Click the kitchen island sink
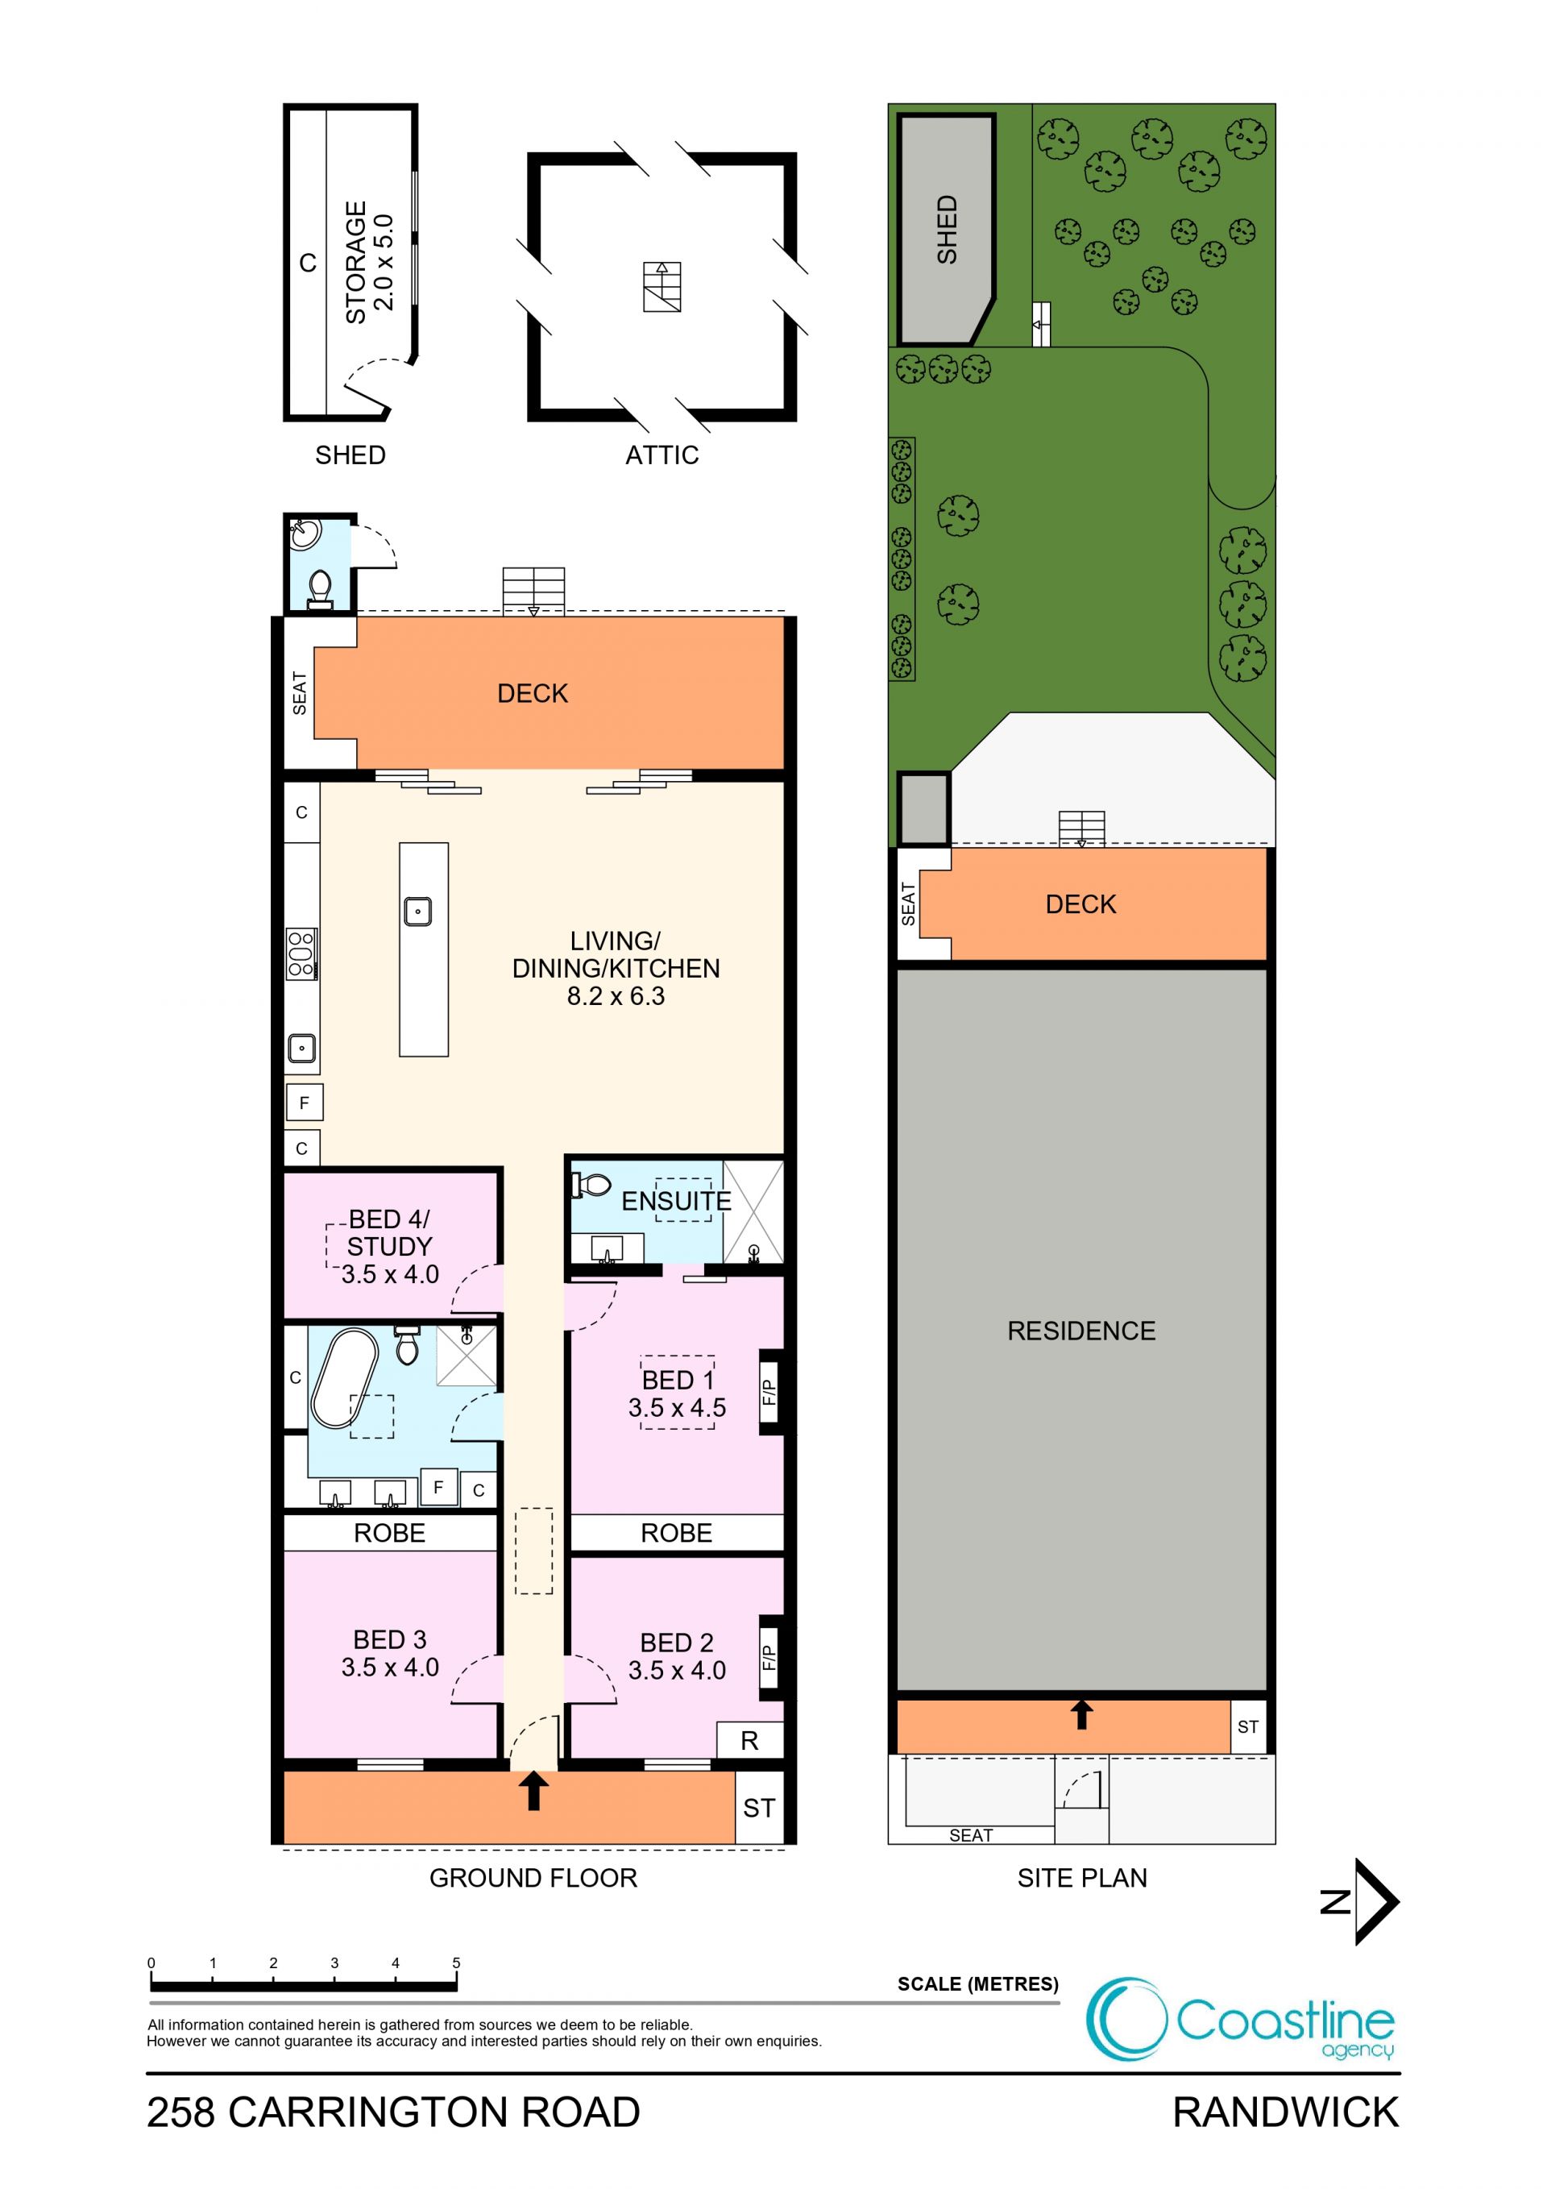(417, 912)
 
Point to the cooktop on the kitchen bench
(301, 953)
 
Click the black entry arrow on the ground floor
(533, 1791)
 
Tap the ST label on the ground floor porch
(759, 1808)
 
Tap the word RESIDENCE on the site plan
(1081, 1331)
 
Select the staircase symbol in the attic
(662, 287)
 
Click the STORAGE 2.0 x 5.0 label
(369, 262)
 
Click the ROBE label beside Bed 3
(390, 1533)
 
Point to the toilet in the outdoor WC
(320, 589)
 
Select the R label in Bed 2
(749, 1741)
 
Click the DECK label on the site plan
(1081, 903)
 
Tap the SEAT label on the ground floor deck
(299, 693)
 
